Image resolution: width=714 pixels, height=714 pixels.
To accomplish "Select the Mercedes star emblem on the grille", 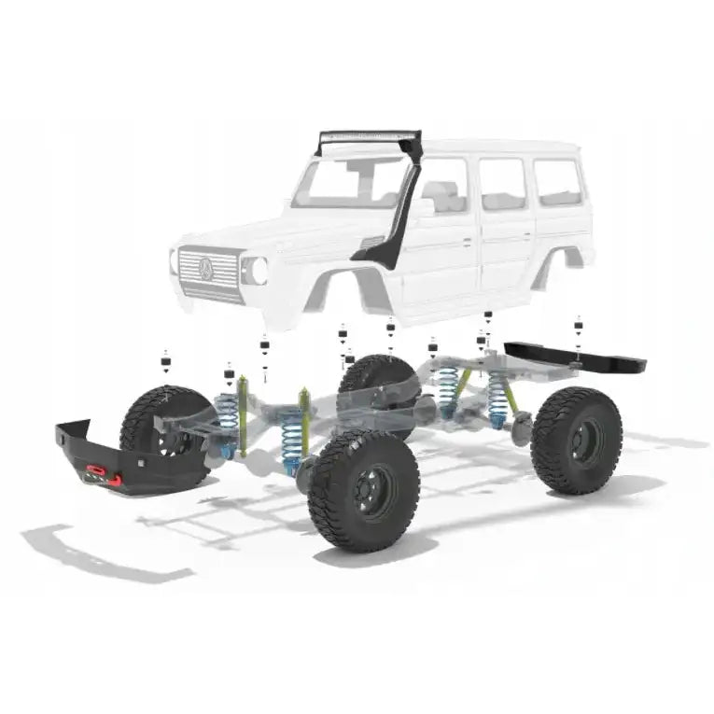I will pyautogui.click(x=205, y=269).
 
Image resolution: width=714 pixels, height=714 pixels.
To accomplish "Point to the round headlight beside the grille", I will pyautogui.click(x=255, y=271).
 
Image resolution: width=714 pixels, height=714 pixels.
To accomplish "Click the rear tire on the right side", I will pyautogui.click(x=576, y=440).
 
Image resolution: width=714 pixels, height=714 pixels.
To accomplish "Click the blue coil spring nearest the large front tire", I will pyautogui.click(x=292, y=439).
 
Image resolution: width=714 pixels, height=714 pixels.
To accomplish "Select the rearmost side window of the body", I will pyautogui.click(x=557, y=181).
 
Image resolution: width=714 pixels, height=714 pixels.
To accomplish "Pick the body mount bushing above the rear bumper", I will pyautogui.click(x=578, y=327).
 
